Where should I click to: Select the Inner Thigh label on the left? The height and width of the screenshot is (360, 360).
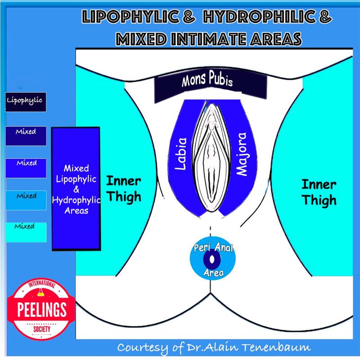pyautogui.click(x=123, y=189)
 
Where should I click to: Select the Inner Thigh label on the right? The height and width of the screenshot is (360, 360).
pyautogui.click(x=318, y=192)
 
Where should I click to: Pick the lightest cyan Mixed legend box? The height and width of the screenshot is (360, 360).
pyautogui.click(x=25, y=226)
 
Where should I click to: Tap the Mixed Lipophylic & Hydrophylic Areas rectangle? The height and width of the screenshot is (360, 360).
pyautogui.click(x=76, y=189)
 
